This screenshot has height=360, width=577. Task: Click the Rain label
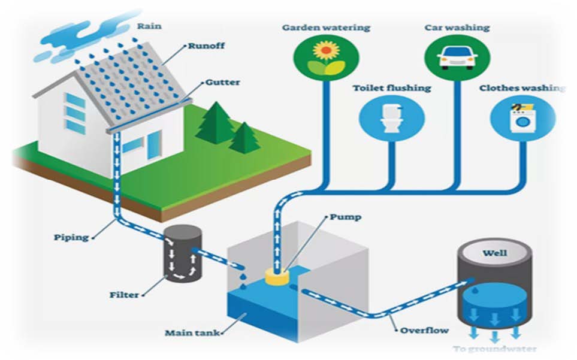click(150, 26)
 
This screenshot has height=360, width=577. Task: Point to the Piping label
click(71, 237)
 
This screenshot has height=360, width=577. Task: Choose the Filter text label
click(125, 295)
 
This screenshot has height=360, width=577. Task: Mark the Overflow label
click(424, 330)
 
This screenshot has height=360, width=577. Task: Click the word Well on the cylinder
click(495, 253)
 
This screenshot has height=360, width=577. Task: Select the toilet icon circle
click(391, 117)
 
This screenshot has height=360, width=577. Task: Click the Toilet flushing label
click(391, 88)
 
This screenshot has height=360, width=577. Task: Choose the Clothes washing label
click(522, 88)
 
